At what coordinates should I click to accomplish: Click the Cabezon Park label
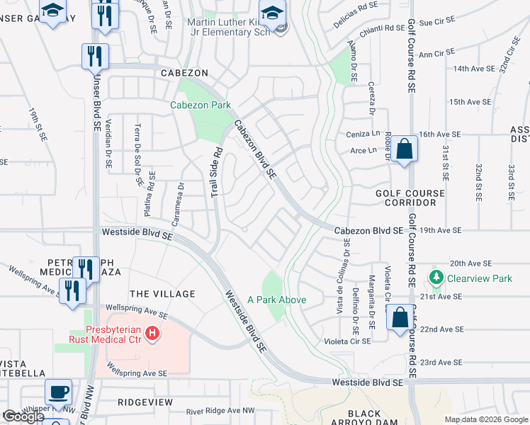tap(201, 106)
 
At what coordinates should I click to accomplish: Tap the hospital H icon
tap(152, 332)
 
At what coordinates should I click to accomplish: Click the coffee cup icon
tap(58, 390)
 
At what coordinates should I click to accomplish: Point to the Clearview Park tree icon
tap(436, 278)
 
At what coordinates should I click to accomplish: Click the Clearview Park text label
tap(479, 278)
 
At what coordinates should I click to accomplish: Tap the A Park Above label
tap(276, 300)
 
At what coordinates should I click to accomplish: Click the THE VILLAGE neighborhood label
tap(162, 294)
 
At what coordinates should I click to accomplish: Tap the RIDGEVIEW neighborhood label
tap(145, 402)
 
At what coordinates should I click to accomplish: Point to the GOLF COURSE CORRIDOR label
tap(410, 198)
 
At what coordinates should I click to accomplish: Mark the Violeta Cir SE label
tap(346, 341)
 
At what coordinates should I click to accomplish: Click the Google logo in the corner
tap(23, 416)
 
